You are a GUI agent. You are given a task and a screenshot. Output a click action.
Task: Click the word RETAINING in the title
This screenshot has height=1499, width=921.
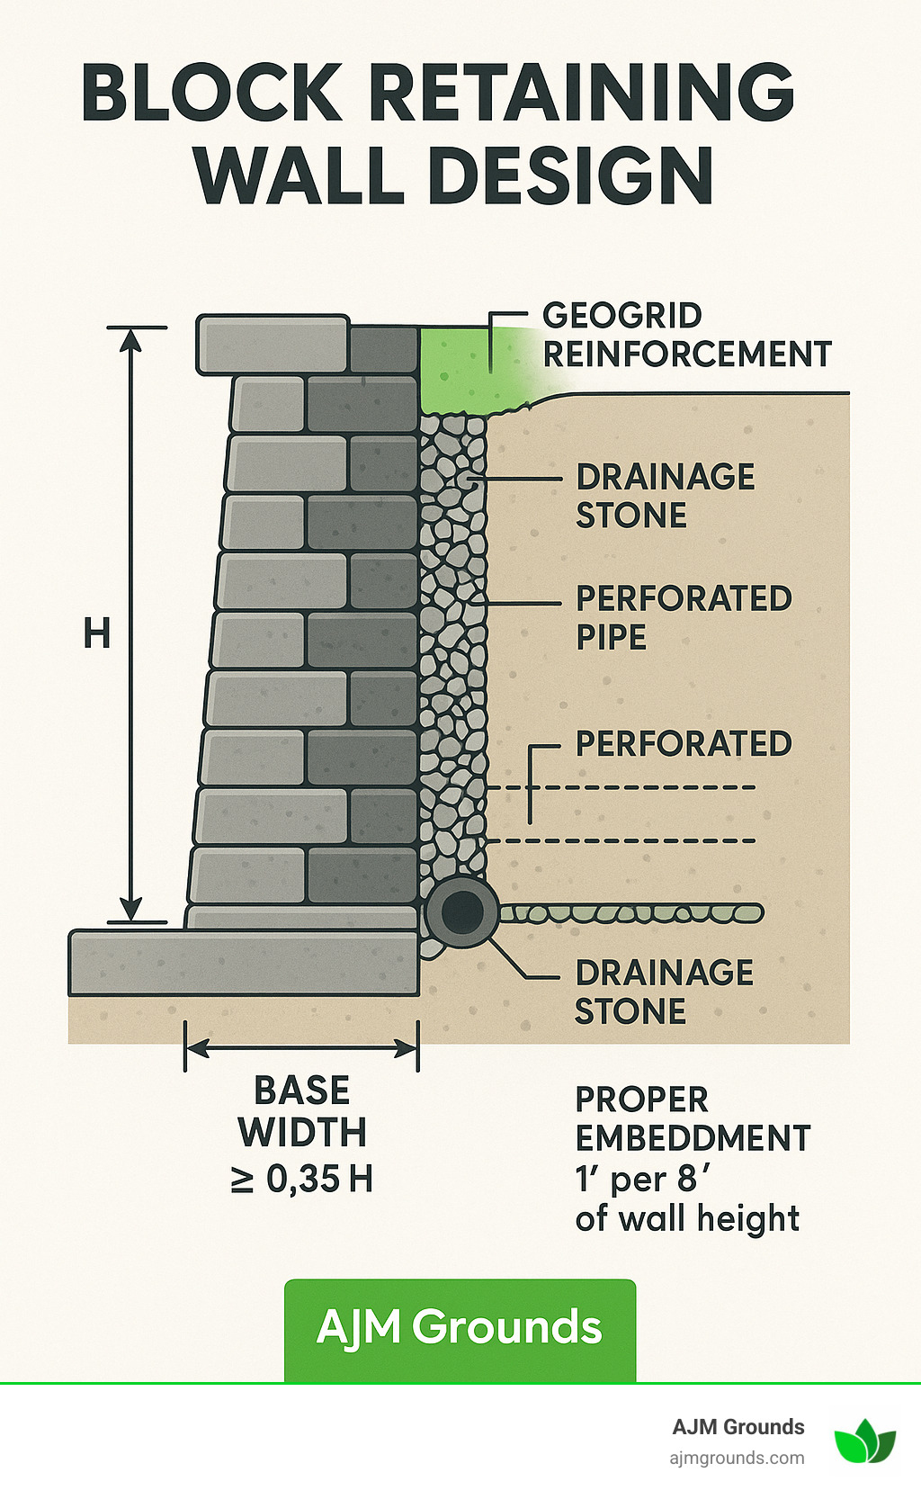[581, 93]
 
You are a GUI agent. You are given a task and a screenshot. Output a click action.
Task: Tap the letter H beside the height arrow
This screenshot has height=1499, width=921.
[97, 634]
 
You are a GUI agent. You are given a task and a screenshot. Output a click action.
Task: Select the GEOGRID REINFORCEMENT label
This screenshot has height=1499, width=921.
[686, 335]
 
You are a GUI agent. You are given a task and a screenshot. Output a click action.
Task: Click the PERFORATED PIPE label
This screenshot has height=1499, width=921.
[683, 617]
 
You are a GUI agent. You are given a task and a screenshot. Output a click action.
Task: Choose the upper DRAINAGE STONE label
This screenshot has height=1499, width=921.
[665, 496]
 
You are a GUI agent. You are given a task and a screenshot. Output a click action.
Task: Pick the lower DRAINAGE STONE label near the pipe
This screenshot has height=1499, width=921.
[664, 992]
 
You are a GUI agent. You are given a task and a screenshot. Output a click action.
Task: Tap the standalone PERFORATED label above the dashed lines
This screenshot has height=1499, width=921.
[684, 744]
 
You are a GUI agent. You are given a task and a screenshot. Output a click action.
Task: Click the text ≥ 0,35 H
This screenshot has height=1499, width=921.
[301, 1180]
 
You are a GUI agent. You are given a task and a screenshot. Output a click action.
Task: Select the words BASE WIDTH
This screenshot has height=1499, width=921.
[302, 1111]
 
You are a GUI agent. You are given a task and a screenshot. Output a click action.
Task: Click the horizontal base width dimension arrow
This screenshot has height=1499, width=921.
[301, 1048]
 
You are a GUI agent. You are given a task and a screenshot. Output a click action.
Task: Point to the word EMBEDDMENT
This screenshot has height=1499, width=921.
[693, 1138]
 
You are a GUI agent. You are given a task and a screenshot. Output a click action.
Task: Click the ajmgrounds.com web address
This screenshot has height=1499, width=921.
[737, 1458]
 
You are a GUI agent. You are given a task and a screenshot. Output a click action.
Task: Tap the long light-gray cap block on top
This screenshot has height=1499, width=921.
[273, 344]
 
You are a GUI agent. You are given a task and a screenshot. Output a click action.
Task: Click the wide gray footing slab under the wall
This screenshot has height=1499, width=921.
[244, 963]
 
